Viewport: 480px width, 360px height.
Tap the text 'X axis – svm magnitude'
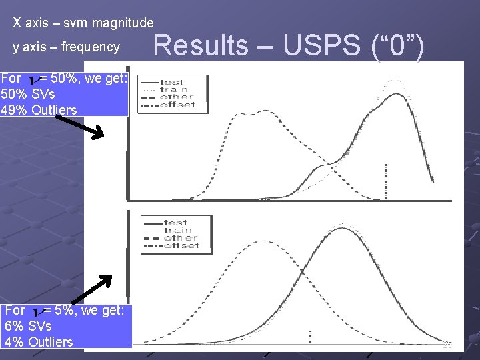(83, 23)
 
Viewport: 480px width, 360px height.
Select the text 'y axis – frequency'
(67, 47)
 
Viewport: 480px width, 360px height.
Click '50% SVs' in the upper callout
(29, 94)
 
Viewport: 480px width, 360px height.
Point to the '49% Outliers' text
(39, 110)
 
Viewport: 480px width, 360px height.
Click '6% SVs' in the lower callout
(28, 326)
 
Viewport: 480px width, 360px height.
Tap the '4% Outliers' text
(39, 342)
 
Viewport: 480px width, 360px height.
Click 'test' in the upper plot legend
(172, 82)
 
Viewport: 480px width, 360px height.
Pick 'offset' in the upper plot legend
(177, 105)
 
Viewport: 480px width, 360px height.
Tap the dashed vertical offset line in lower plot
(309, 337)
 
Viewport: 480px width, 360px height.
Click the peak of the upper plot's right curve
(396, 95)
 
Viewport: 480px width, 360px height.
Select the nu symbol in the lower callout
(35, 311)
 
